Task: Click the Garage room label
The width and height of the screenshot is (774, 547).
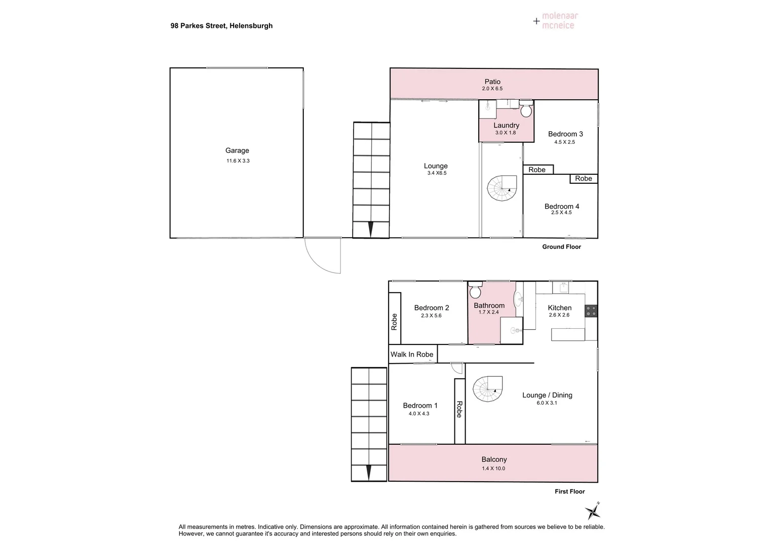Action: pyautogui.click(x=237, y=150)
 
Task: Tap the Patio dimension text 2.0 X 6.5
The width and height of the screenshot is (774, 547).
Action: pyautogui.click(x=492, y=89)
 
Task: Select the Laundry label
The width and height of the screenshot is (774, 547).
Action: pyautogui.click(x=506, y=125)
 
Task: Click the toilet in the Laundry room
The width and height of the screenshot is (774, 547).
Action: pyautogui.click(x=526, y=108)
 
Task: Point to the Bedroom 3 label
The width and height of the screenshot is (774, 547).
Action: pyautogui.click(x=565, y=134)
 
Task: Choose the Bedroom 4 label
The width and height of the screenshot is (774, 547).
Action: pyautogui.click(x=562, y=206)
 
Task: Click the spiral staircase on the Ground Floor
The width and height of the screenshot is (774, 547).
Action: pyautogui.click(x=501, y=188)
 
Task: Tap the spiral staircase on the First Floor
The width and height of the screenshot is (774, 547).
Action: pyautogui.click(x=487, y=389)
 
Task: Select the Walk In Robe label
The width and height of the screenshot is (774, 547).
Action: pyautogui.click(x=412, y=355)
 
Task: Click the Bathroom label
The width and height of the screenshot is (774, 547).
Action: pyautogui.click(x=489, y=305)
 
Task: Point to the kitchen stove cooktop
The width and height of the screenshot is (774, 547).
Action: pyautogui.click(x=591, y=310)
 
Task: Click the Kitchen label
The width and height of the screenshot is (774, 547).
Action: pyautogui.click(x=560, y=308)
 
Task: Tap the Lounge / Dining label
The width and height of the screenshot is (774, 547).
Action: pyautogui.click(x=547, y=395)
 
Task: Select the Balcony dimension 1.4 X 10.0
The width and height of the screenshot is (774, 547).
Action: pyautogui.click(x=493, y=468)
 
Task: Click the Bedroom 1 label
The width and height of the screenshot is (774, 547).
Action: pyautogui.click(x=420, y=405)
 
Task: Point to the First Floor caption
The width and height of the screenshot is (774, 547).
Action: pyautogui.click(x=570, y=491)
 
